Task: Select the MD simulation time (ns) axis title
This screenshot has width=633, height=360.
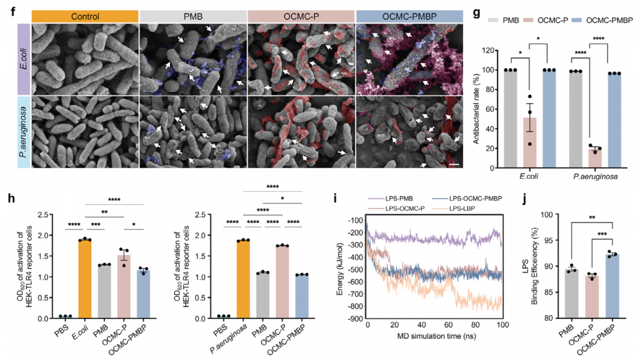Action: click(434, 341)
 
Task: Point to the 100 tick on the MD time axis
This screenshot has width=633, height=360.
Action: click(502, 327)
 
